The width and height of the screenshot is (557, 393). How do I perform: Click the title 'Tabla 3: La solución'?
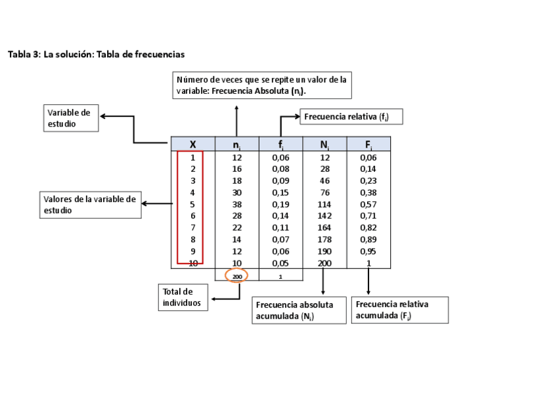coord(96,54)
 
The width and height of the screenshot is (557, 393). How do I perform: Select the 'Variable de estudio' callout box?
coord(72,118)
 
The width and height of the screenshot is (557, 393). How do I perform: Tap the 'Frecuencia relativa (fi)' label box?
coord(351,117)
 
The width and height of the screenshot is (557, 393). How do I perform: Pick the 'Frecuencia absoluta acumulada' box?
coord(299,311)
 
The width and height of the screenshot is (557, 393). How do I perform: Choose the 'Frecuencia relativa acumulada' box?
coord(401,310)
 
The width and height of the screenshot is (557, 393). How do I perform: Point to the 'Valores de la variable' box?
coord(91,205)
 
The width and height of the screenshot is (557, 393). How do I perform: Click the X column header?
coord(193,144)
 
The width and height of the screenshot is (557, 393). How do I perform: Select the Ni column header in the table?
coord(324,144)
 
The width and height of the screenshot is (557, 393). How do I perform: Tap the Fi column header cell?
coord(368,144)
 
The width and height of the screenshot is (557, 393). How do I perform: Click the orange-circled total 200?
coord(236,276)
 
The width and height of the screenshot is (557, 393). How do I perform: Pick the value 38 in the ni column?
coord(237,204)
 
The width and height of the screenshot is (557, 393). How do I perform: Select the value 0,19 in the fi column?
coord(280,204)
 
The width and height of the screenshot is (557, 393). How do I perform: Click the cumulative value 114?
coord(324,204)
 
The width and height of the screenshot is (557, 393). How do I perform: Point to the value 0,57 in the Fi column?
coord(368,204)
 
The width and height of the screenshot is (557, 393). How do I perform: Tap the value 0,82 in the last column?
coord(368,228)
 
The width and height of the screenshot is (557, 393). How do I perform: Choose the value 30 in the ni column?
coord(237,192)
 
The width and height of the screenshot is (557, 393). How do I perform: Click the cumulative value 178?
coord(324,239)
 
